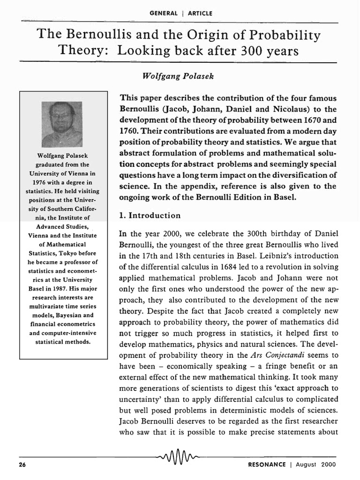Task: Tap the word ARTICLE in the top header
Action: [200, 13]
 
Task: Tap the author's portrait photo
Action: [62, 124]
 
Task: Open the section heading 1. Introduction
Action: [150, 216]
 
